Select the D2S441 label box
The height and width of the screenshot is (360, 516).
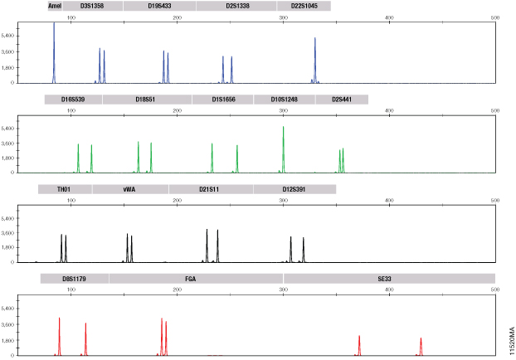coord(341,100)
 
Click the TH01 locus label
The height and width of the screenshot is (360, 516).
coord(63,189)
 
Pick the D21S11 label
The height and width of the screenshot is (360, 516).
coord(210,189)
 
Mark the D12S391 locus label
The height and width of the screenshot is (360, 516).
coord(294,189)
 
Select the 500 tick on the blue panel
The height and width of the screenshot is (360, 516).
coord(495,17)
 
